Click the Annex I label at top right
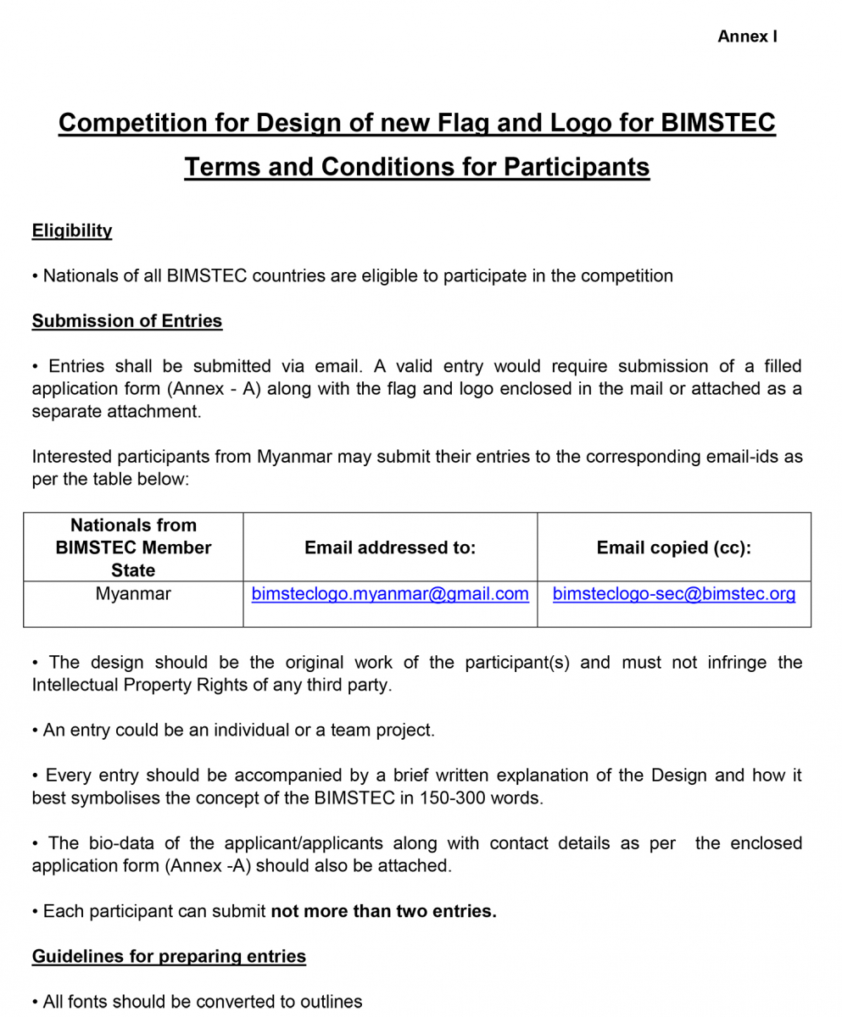(x=747, y=36)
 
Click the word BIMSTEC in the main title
(x=717, y=123)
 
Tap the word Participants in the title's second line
(x=577, y=167)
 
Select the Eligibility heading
(x=72, y=231)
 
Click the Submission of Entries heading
(x=127, y=321)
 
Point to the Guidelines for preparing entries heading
(x=169, y=956)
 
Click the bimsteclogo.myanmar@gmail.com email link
(x=390, y=594)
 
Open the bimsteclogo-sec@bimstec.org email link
(x=674, y=594)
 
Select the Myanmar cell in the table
(x=133, y=594)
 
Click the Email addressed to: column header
(x=390, y=547)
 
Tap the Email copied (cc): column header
(x=674, y=547)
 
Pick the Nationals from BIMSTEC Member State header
(x=133, y=547)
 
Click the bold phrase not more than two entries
(x=383, y=912)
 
